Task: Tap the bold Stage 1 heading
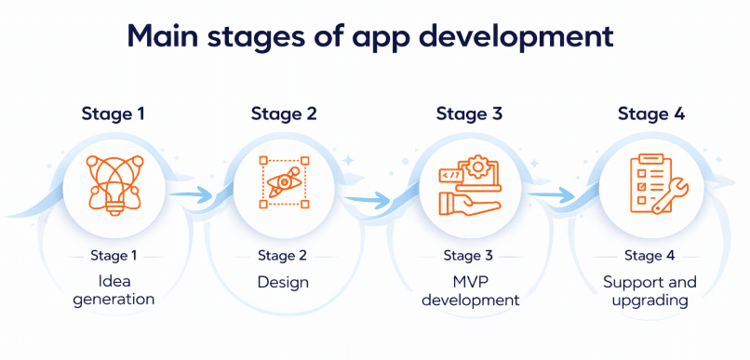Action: (113, 114)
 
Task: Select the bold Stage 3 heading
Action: (469, 114)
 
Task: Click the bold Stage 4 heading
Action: (651, 114)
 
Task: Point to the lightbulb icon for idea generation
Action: (114, 184)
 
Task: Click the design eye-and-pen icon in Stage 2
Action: (284, 182)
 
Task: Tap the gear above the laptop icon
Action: (476, 167)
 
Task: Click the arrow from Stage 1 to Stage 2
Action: (191, 194)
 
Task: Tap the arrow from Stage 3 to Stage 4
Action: (552, 194)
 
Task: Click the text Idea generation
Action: (114, 290)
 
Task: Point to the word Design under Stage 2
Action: (283, 282)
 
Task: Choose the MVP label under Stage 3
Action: (470, 282)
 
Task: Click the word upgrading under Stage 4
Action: (650, 300)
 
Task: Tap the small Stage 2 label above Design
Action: (282, 256)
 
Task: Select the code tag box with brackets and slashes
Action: (451, 176)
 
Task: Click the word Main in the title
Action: (164, 36)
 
